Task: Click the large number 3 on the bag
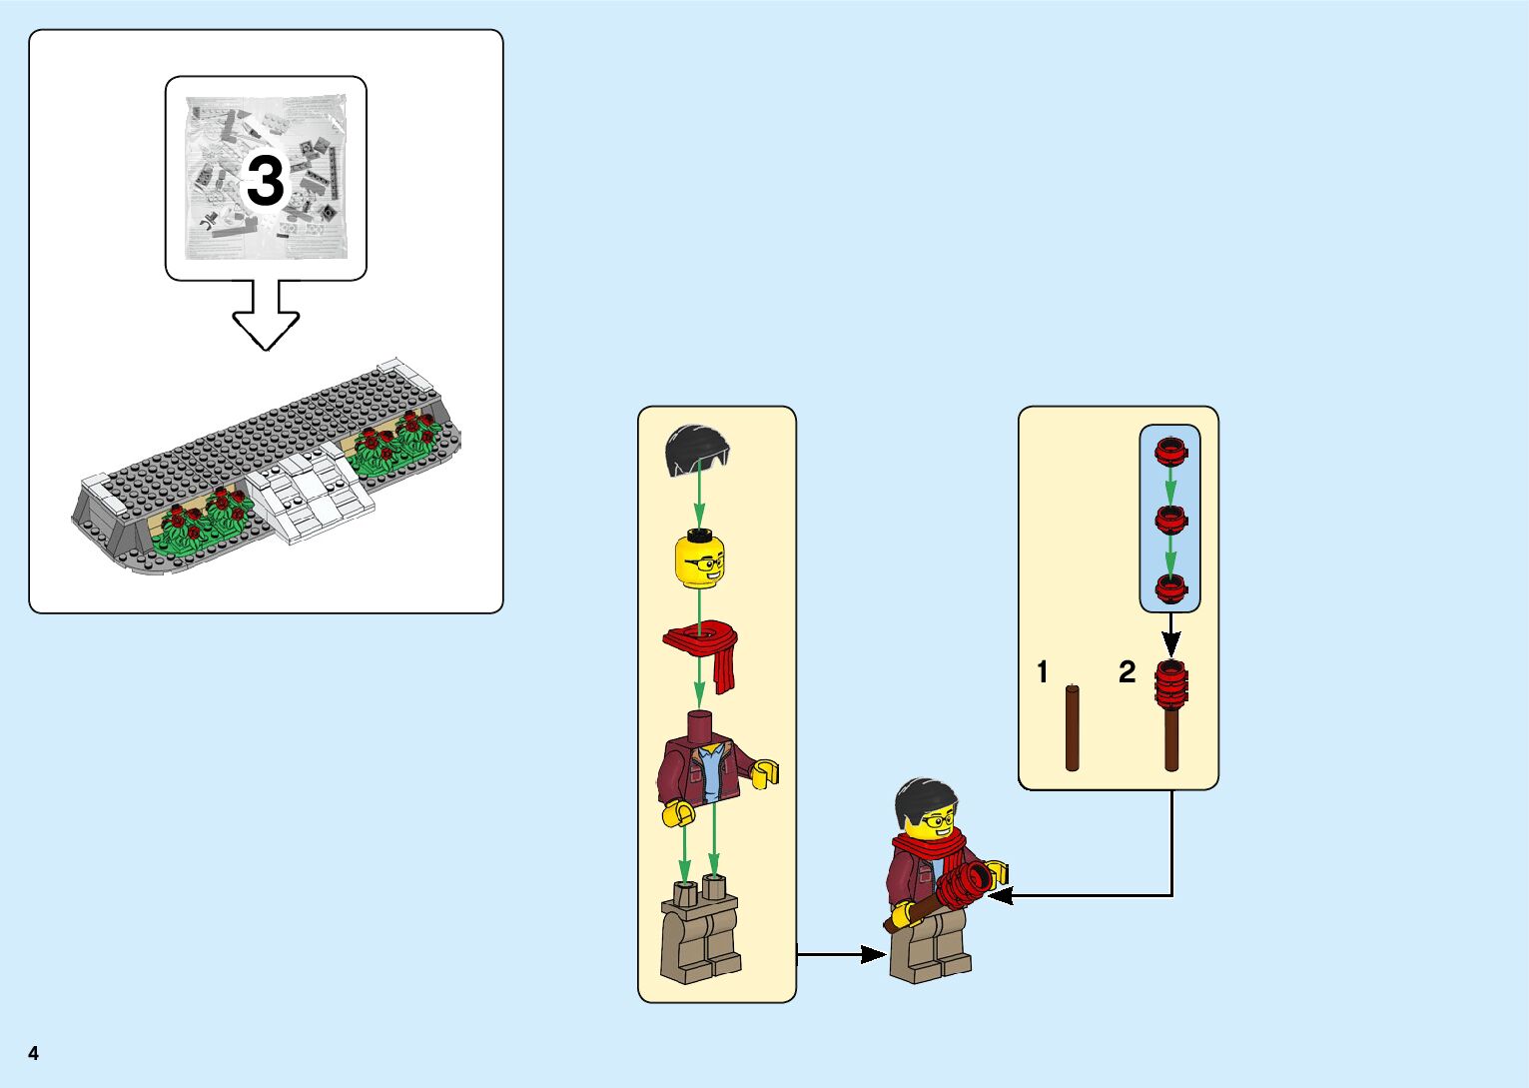[x=265, y=181]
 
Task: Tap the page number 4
[x=34, y=1054]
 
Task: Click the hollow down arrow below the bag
[x=266, y=314]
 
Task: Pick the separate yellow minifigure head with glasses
[x=700, y=560]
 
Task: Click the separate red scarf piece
[x=704, y=649]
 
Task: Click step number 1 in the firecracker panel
[x=1043, y=672]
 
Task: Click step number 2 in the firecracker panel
[x=1128, y=672]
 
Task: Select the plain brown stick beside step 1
[x=1072, y=727]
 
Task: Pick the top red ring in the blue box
[x=1170, y=453]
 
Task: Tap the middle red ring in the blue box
[x=1170, y=520]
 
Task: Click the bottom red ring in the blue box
[x=1170, y=588]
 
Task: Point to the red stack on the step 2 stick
[x=1171, y=685]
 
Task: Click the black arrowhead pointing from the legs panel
[x=874, y=955]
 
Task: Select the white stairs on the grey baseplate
[x=310, y=497]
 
